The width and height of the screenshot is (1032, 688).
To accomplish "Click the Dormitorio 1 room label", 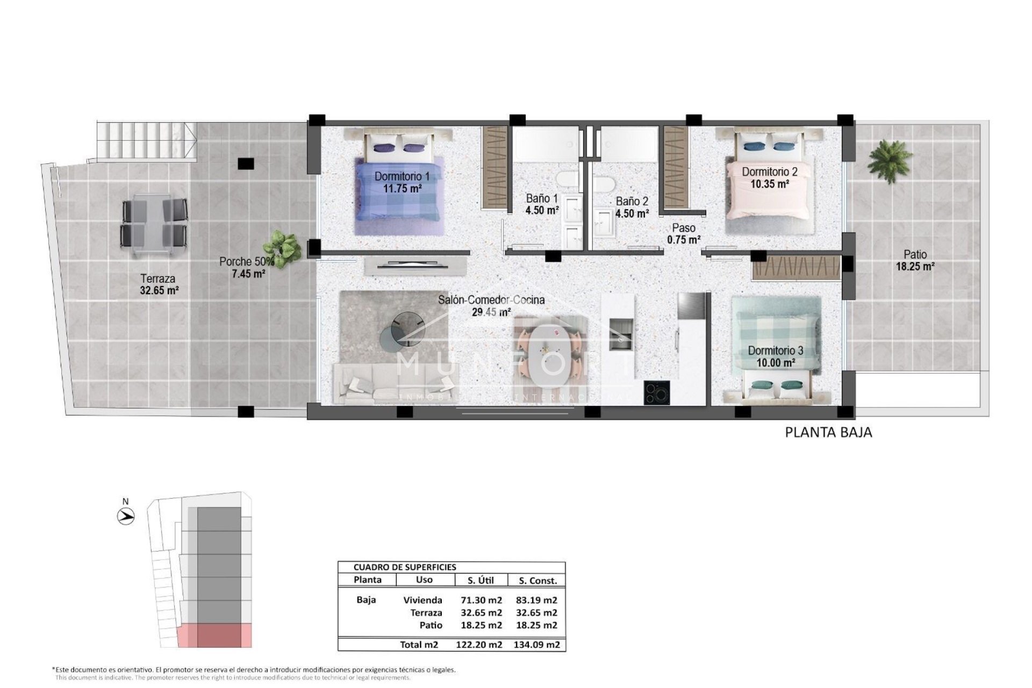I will (x=402, y=176).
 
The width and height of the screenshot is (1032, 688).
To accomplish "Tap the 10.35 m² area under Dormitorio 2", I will (x=769, y=184).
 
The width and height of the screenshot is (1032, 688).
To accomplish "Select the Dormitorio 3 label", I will (x=775, y=351).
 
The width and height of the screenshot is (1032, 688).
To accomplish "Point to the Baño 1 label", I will (x=541, y=199).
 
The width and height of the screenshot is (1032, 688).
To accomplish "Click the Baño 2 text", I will (x=632, y=202).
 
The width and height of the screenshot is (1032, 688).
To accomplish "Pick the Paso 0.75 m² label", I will (x=683, y=234).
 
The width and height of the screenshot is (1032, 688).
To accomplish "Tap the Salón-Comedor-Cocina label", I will (x=491, y=300).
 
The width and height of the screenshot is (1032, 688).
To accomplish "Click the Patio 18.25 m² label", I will (x=914, y=260).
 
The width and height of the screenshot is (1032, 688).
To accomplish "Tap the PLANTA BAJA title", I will (x=828, y=432).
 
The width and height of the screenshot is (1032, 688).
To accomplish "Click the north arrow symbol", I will (x=126, y=517).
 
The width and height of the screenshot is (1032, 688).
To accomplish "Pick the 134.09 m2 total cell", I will (x=536, y=644).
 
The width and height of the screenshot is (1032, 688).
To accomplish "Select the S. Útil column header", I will (x=481, y=580).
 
